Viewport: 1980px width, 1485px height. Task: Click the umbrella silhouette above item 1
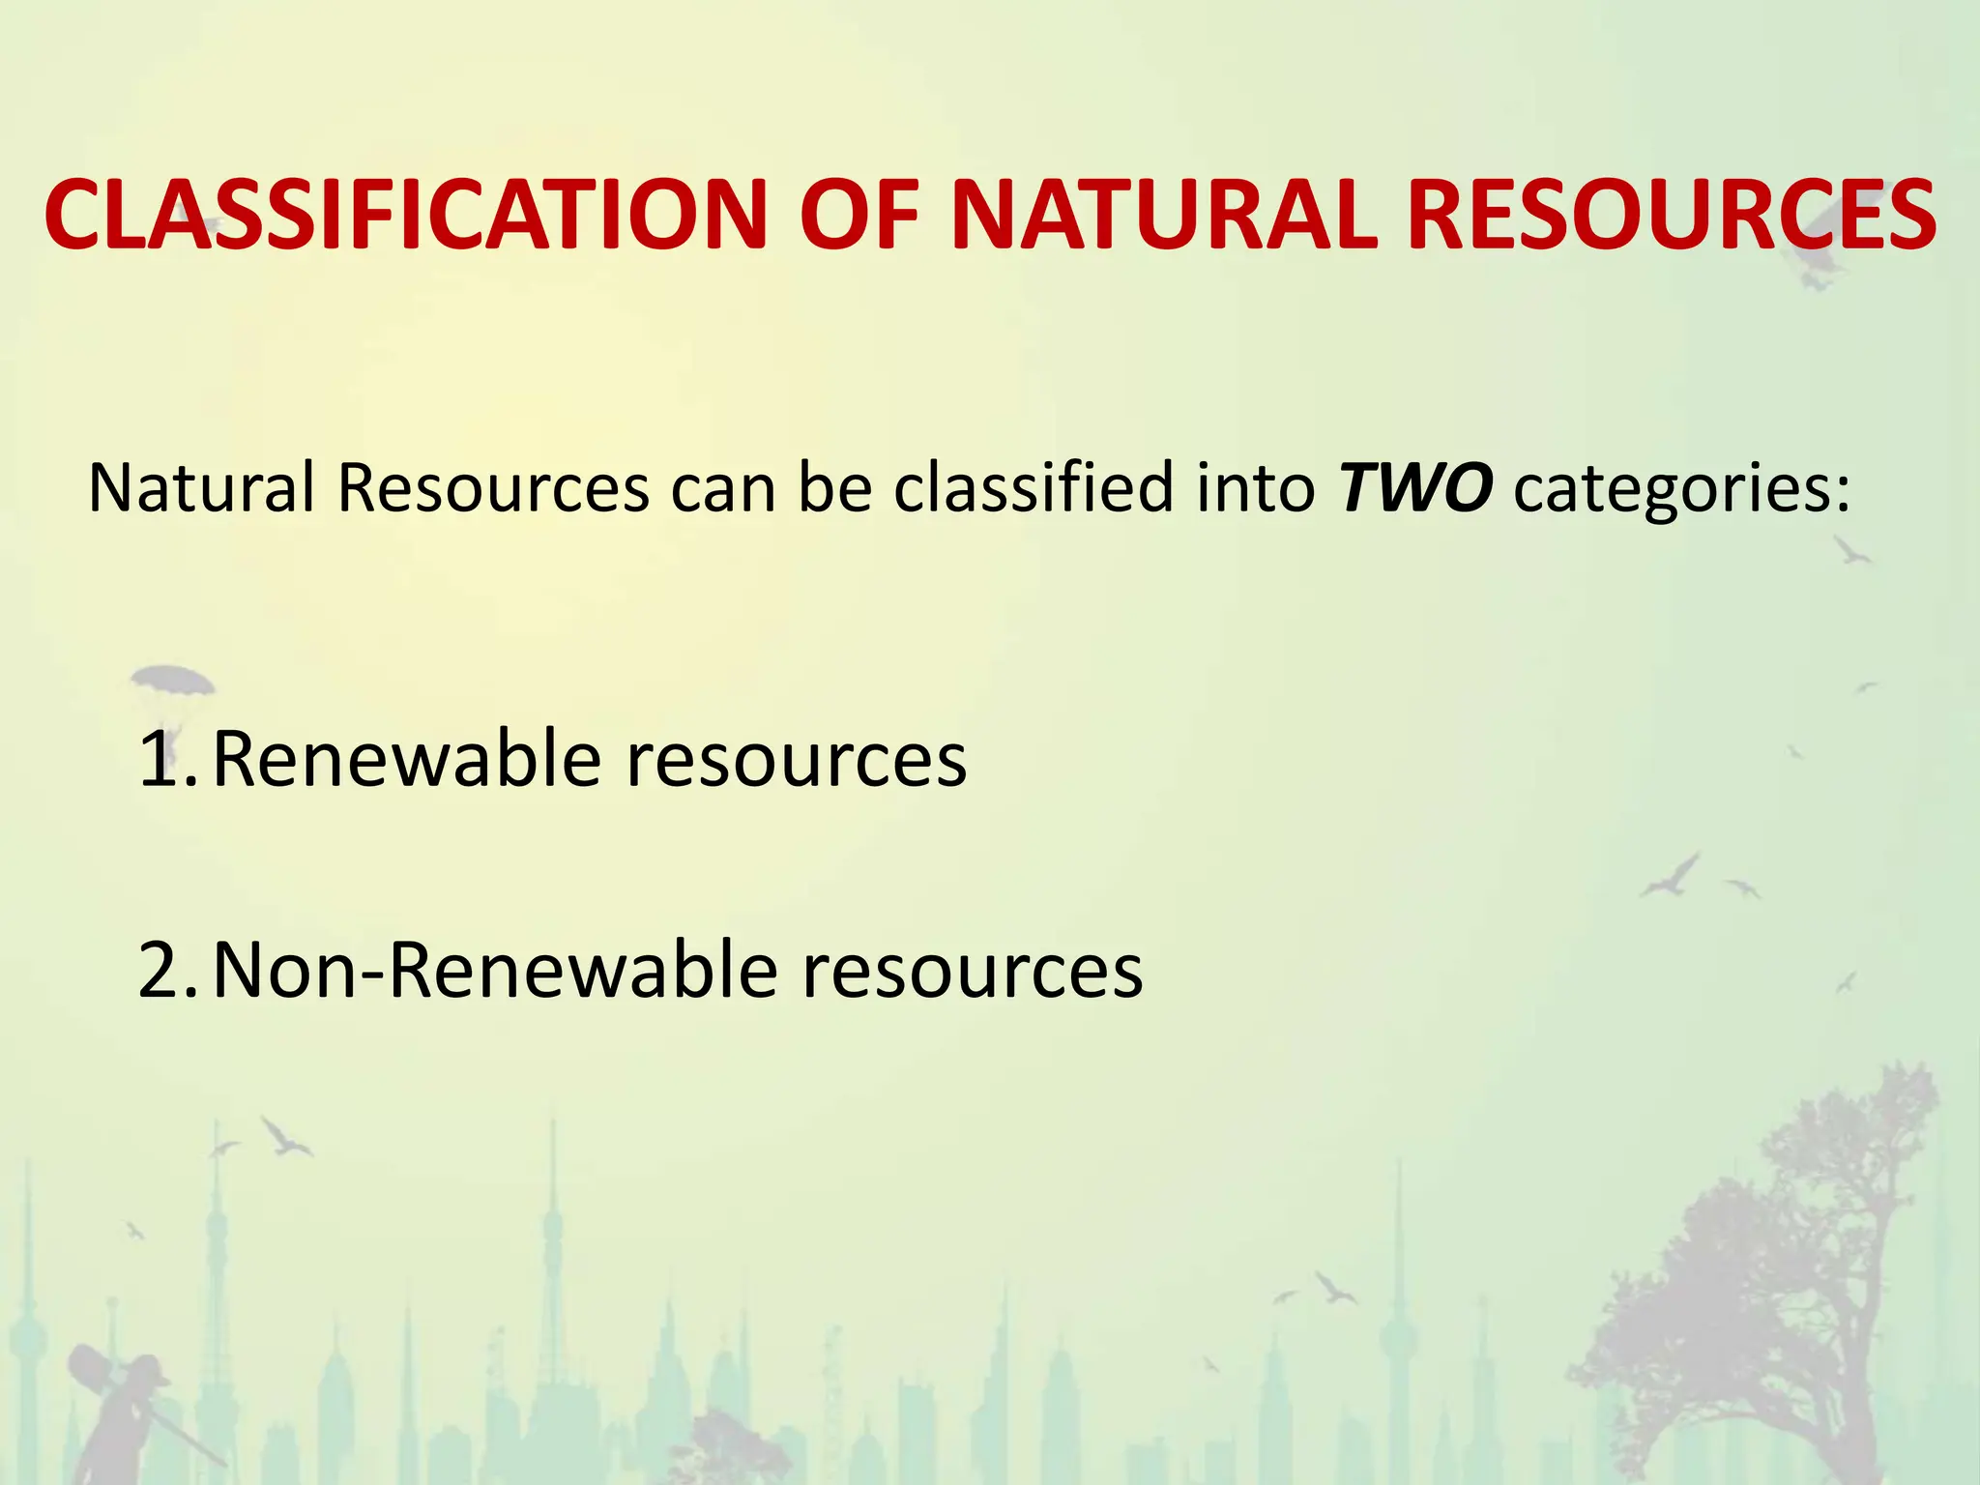172,680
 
